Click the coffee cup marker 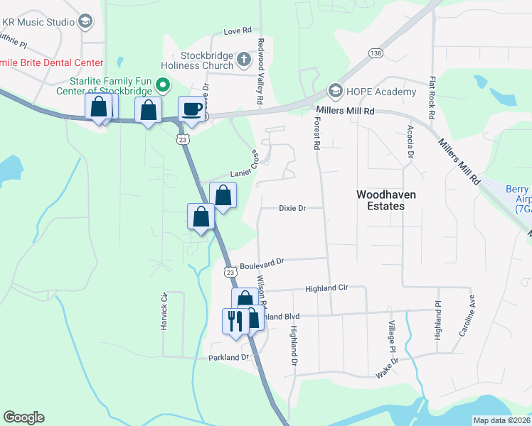190,109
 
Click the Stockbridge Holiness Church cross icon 244,60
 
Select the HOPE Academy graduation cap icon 336,92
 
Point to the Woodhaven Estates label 380,200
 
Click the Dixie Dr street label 292,208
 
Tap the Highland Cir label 326,289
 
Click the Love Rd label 238,31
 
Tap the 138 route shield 375,53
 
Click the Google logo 24,417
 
